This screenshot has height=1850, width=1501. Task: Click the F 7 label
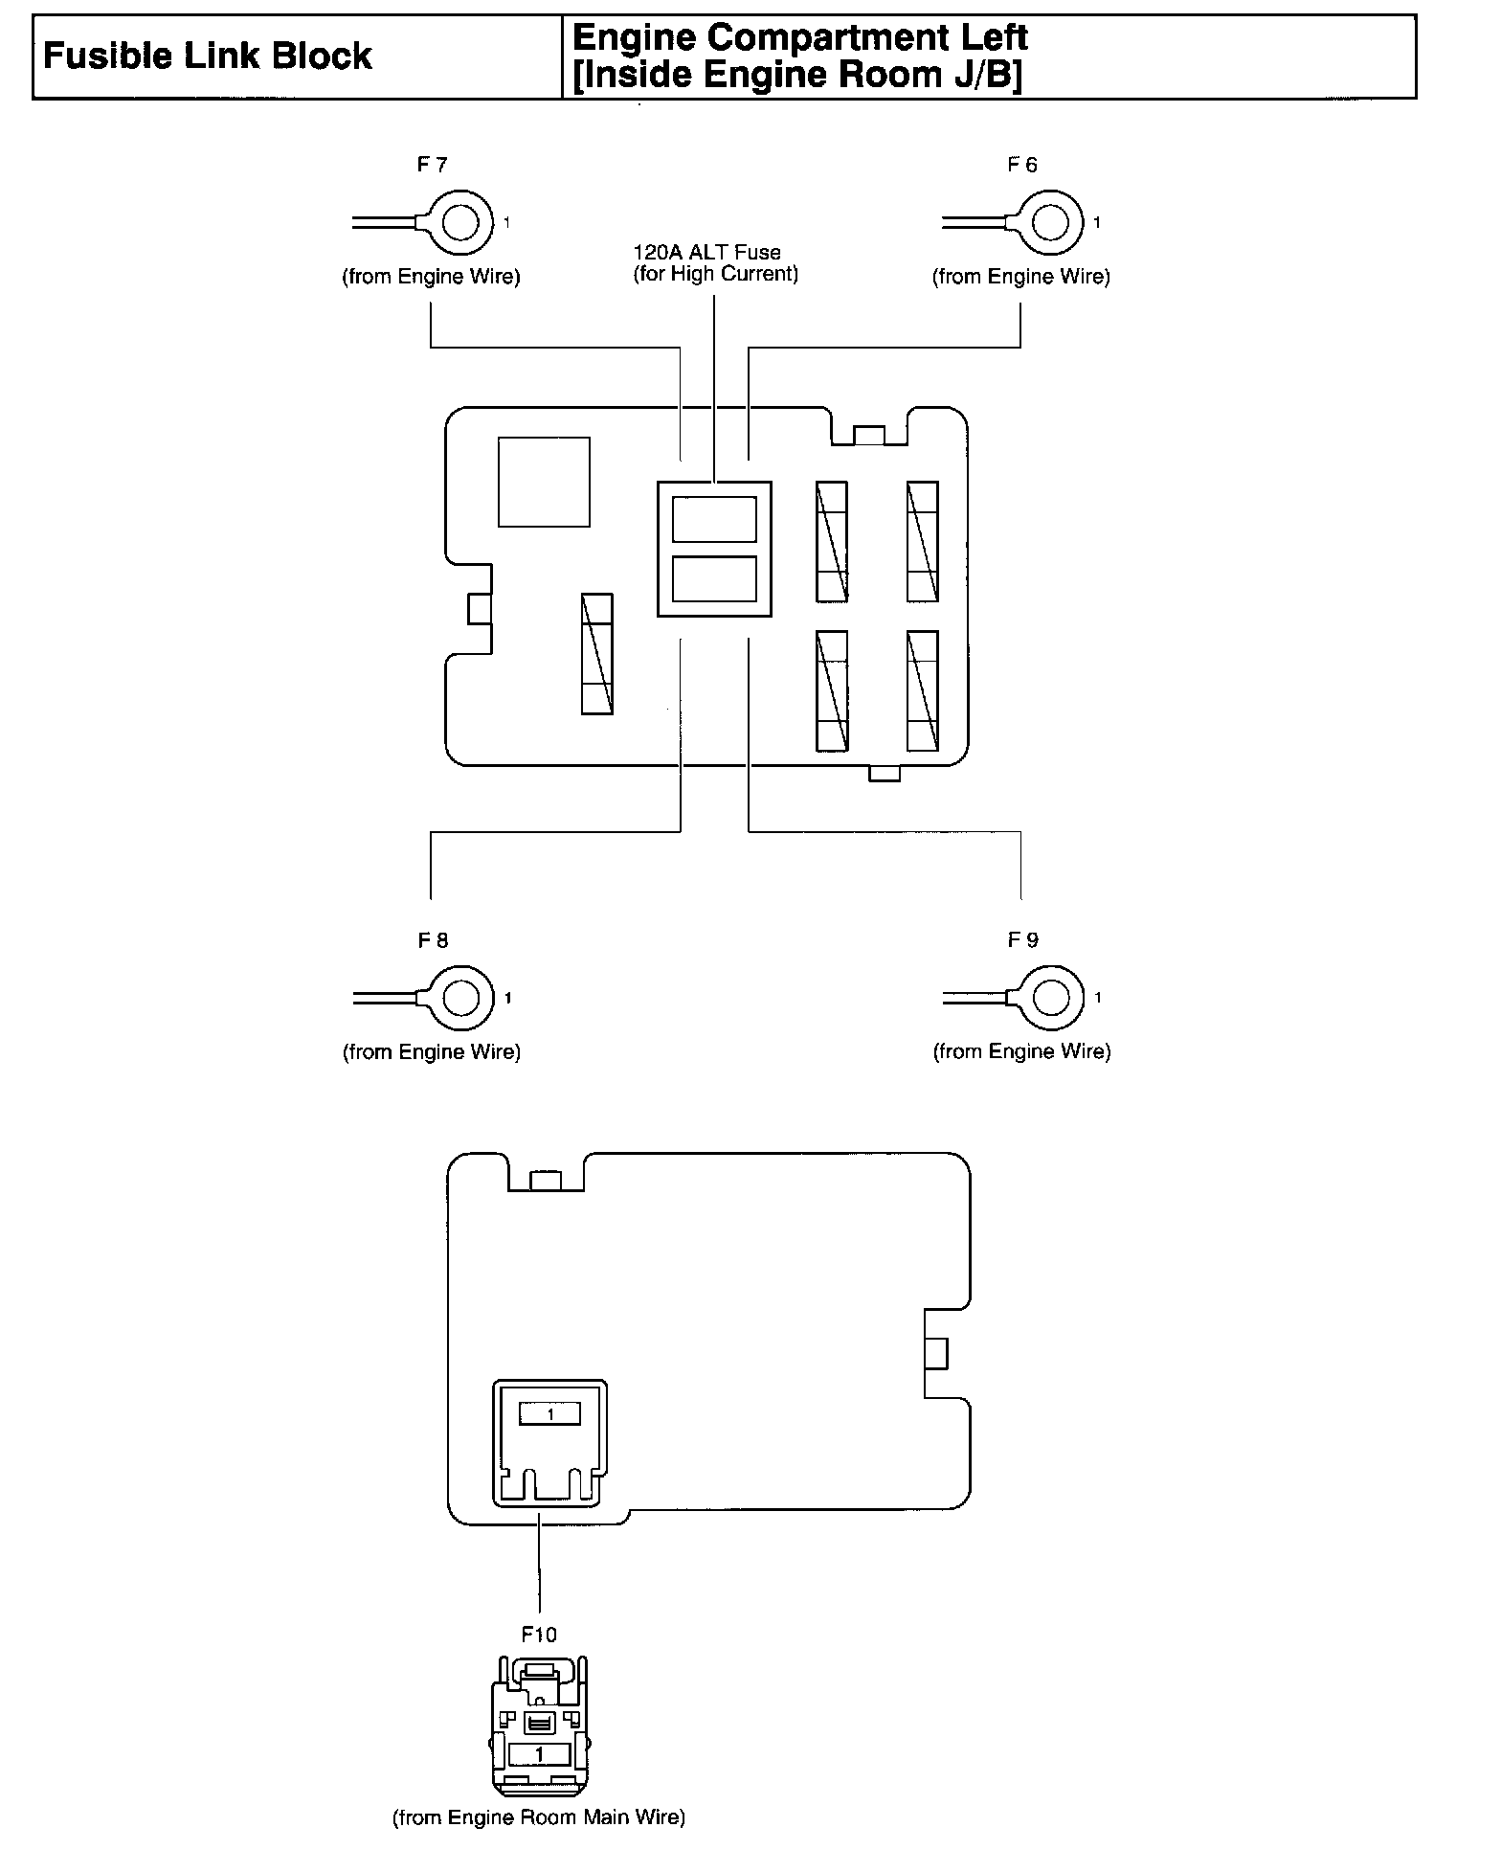(x=432, y=165)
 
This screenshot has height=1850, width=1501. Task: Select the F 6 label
(x=1021, y=165)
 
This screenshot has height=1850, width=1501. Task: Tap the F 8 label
(x=433, y=940)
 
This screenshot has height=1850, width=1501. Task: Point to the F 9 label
(x=1022, y=940)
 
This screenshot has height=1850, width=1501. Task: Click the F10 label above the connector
(x=539, y=1635)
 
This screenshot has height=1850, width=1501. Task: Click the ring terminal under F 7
(x=461, y=223)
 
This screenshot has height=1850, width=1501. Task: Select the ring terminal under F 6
(x=1051, y=223)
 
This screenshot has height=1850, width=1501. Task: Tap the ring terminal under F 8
(x=461, y=999)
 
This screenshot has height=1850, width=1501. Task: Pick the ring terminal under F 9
(x=1051, y=999)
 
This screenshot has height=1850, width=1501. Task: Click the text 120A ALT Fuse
(x=706, y=253)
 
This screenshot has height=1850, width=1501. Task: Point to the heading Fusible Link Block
(x=208, y=56)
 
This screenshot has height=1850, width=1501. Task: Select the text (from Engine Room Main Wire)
(x=539, y=1816)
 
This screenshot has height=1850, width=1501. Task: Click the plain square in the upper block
(x=544, y=482)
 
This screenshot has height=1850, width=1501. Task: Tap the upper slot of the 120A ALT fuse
(x=714, y=520)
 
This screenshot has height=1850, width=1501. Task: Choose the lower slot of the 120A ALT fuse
(x=714, y=579)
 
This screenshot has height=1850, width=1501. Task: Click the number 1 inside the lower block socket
(x=549, y=1414)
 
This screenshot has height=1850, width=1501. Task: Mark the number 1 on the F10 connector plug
(x=539, y=1754)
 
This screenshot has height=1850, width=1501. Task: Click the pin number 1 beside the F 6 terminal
(x=1097, y=223)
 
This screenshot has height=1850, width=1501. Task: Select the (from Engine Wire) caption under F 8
(x=432, y=1052)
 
